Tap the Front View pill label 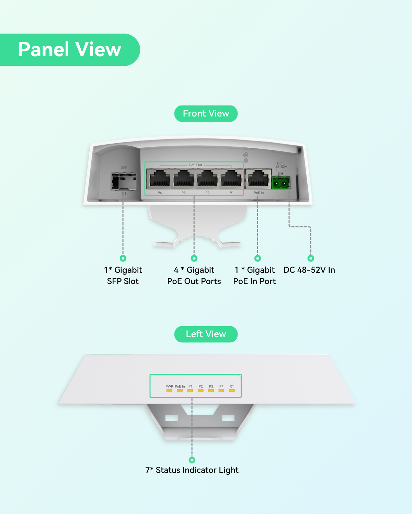(x=206, y=113)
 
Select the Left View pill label (x=206, y=334)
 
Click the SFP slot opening (x=124, y=182)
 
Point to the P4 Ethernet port (x=159, y=178)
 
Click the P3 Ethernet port (x=184, y=178)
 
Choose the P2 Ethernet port (x=208, y=178)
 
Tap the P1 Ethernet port (x=231, y=178)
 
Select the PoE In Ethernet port (x=259, y=178)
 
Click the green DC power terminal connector (x=281, y=183)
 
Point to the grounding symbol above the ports (x=245, y=155)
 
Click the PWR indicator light (x=169, y=391)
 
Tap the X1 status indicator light (x=232, y=391)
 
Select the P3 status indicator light (x=211, y=391)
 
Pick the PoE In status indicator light (x=180, y=391)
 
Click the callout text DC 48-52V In (x=309, y=270)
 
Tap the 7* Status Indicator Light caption (x=192, y=470)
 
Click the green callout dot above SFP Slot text (x=123, y=258)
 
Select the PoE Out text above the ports (x=196, y=165)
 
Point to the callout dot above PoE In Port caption (x=257, y=258)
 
